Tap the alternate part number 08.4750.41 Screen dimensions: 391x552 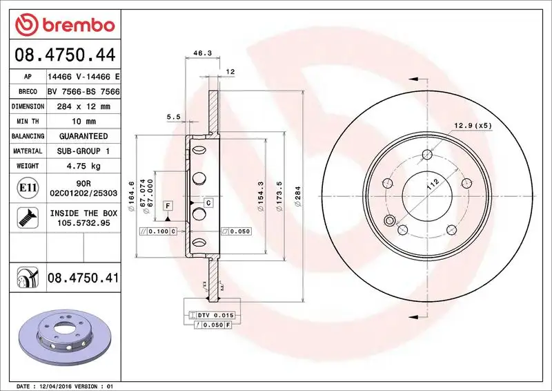(x=83, y=278)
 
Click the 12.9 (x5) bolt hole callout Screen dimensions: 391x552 (x=473, y=125)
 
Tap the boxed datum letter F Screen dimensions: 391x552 (x=168, y=205)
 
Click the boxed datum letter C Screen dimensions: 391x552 (x=208, y=202)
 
